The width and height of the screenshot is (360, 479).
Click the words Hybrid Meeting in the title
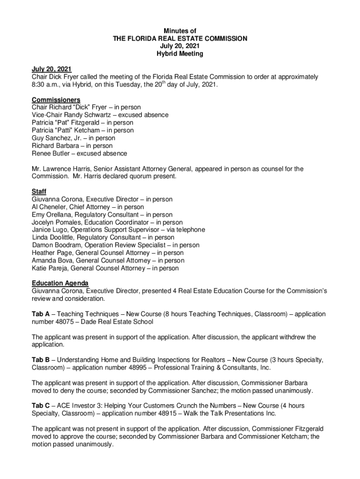[x=180, y=54]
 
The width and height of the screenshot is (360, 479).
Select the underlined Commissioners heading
[x=56, y=100]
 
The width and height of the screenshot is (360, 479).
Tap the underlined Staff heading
[x=39, y=191]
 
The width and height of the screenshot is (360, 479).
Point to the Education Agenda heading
[x=60, y=283]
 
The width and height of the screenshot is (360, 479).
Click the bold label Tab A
[x=40, y=314]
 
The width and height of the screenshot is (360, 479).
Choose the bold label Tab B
[x=40, y=360]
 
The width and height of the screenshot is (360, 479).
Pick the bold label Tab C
[x=41, y=406]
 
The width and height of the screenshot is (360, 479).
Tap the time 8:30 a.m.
[x=47, y=85]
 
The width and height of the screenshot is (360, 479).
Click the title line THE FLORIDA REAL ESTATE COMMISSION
[x=180, y=39]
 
